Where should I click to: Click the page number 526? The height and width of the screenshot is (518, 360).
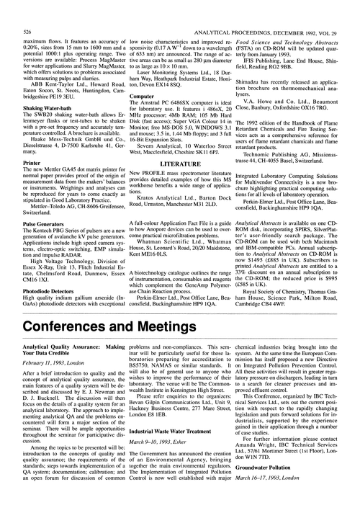tap(27, 13)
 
